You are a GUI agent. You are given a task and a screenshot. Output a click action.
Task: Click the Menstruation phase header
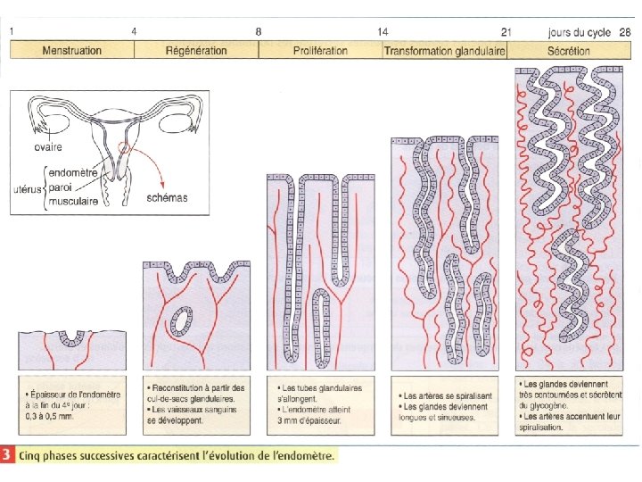point(71,51)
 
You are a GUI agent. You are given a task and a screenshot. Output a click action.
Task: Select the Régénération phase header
point(196,51)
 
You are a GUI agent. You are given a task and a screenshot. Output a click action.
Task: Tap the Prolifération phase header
point(320,51)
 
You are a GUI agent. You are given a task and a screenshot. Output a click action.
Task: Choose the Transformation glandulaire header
point(444,51)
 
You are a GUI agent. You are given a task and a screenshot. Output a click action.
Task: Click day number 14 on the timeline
point(383,31)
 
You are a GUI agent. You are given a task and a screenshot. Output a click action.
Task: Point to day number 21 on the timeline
point(506,31)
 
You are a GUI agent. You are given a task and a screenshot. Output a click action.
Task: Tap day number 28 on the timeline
point(625,31)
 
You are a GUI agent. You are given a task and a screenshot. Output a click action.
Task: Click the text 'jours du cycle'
point(580,31)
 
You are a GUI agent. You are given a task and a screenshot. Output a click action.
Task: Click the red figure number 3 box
point(8,455)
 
